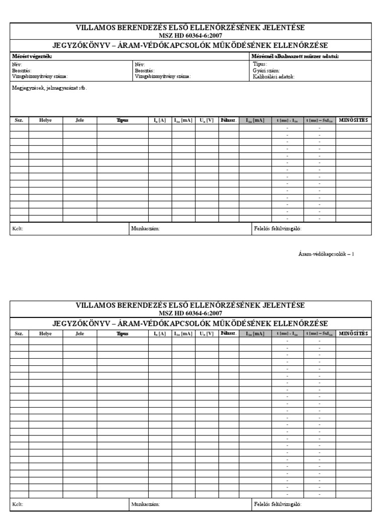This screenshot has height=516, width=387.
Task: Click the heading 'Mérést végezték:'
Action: point(32,56)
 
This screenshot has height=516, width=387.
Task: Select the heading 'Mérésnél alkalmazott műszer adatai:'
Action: point(295,56)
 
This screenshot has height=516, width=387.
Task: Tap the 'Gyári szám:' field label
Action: point(266,71)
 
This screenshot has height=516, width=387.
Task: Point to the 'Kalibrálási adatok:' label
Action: point(274,77)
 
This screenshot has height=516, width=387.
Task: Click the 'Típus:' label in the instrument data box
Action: point(261,64)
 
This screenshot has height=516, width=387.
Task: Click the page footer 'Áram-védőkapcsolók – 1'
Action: point(326,254)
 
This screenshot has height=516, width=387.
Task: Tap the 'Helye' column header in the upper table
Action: point(46,120)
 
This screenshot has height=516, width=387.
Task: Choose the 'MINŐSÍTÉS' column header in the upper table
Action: point(353,120)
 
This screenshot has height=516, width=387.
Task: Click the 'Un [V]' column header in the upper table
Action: point(207,120)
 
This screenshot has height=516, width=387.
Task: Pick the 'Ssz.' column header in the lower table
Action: point(19,334)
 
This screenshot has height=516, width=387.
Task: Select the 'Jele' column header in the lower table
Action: point(80,334)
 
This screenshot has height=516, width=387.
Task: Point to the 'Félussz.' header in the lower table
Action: point(228,334)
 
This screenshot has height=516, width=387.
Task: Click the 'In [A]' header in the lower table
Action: point(160,334)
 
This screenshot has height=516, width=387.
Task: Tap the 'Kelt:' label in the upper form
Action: point(18,229)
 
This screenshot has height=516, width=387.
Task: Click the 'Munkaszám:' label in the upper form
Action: point(145,229)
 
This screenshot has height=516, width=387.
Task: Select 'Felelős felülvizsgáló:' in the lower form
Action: point(278,504)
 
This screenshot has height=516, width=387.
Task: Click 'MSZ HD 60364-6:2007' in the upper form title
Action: point(190,36)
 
